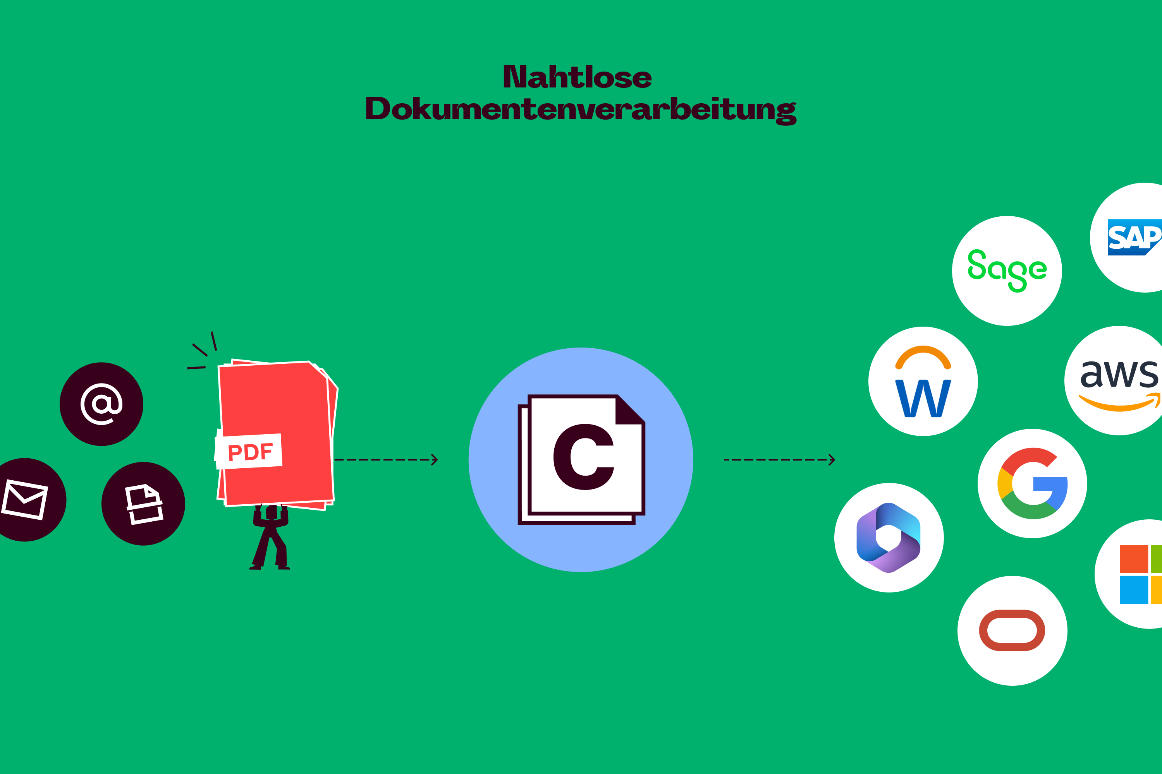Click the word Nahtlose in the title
point(577,77)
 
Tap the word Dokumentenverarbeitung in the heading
point(581,110)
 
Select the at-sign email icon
point(101,404)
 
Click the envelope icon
point(25,499)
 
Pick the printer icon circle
point(143,503)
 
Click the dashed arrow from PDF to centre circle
point(385,460)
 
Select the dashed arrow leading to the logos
point(779,460)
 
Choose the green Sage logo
point(1007,271)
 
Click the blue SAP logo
point(1134,238)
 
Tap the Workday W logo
point(923,398)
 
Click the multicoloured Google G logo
point(1032,483)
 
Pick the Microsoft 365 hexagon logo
point(889,538)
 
